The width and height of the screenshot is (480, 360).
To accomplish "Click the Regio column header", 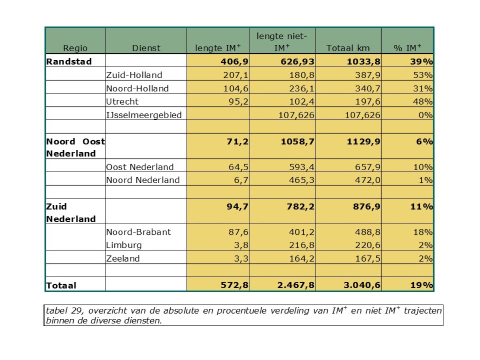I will pyautogui.click(x=75, y=48).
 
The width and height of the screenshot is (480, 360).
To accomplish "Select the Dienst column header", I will pyautogui.click(x=146, y=48).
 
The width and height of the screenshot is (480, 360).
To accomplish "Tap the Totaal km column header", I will pyautogui.click(x=348, y=48).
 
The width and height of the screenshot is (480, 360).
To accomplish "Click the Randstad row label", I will pyautogui.click(x=69, y=61).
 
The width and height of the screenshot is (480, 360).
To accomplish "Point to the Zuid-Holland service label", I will pyautogui.click(x=134, y=75).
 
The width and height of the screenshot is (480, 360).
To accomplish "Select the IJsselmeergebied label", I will pyautogui.click(x=144, y=115).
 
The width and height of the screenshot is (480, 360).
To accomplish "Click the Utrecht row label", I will pyautogui.click(x=122, y=102).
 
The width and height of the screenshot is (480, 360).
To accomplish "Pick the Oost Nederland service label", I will pyautogui.click(x=140, y=167).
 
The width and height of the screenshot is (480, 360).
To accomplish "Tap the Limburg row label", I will pyautogui.click(x=124, y=245).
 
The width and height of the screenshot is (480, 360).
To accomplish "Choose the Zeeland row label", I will pyautogui.click(x=123, y=258).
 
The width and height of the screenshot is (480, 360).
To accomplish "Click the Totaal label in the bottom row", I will pyautogui.click(x=61, y=285).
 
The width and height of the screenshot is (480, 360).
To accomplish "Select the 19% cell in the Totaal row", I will pyautogui.click(x=422, y=285).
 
